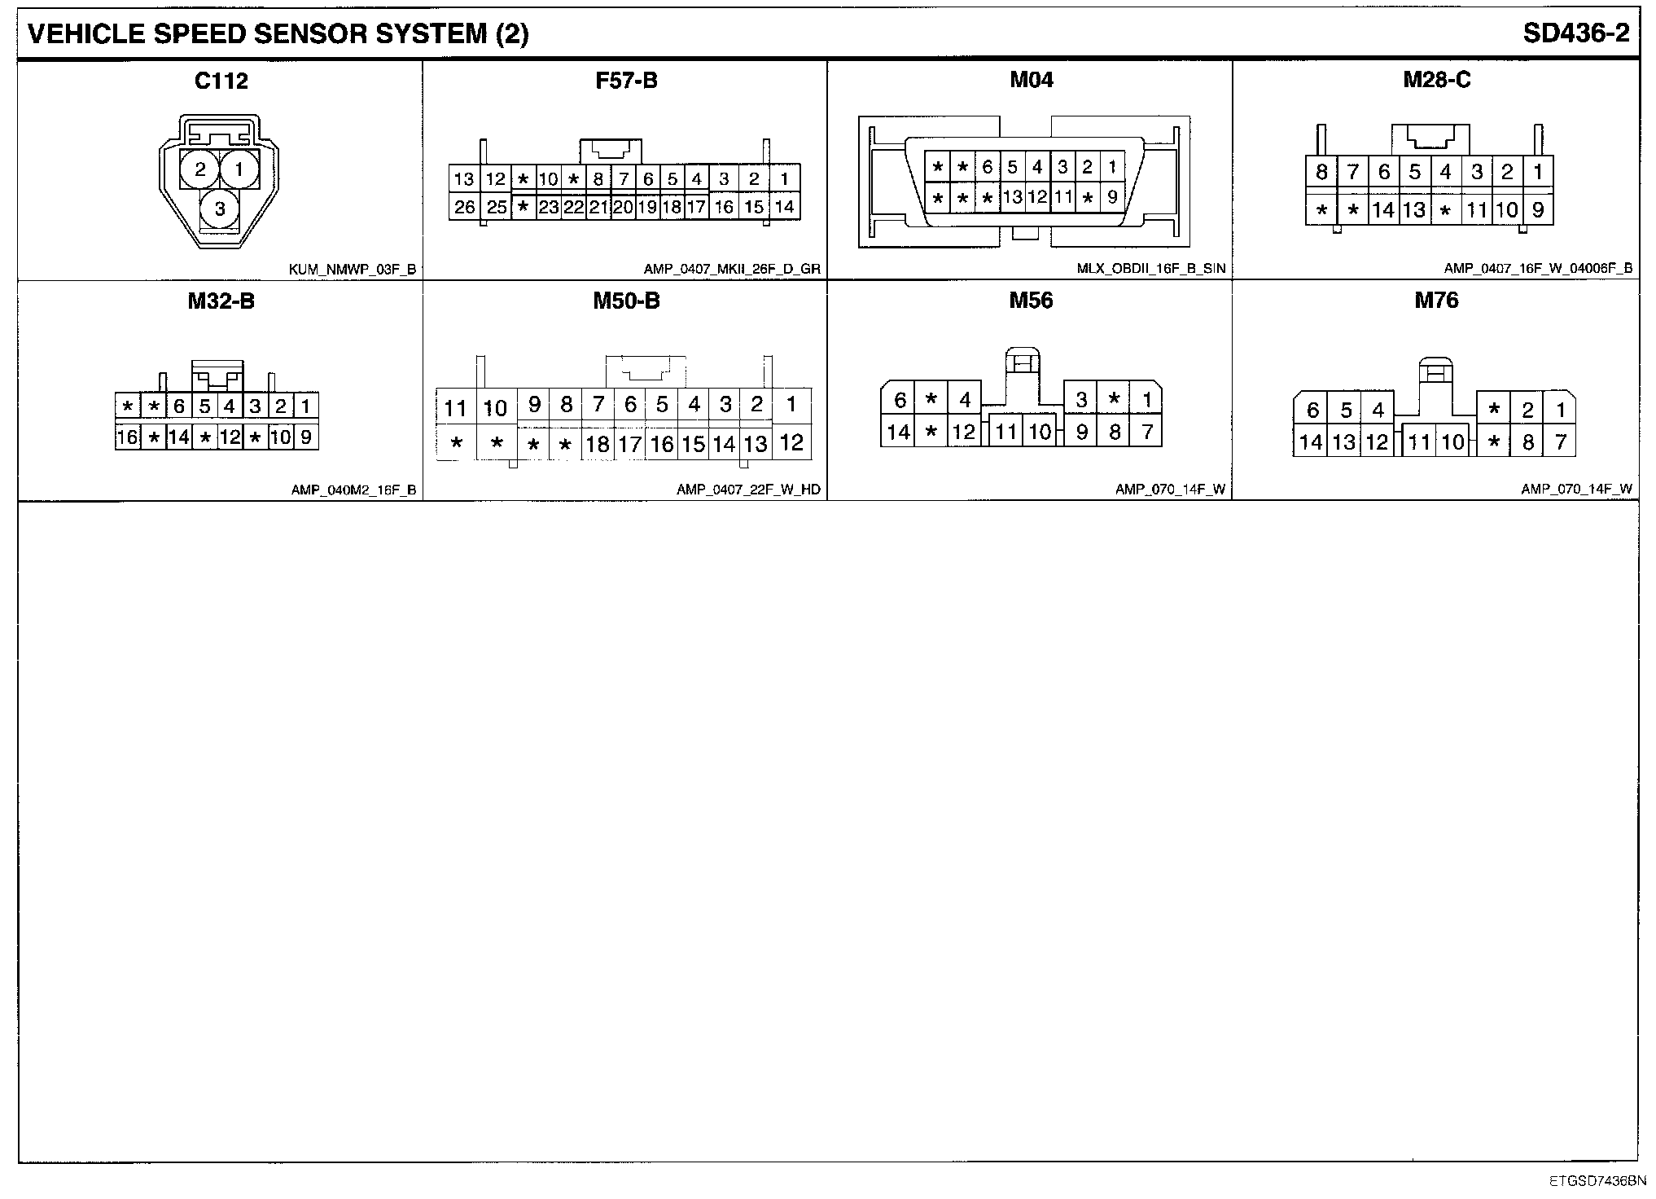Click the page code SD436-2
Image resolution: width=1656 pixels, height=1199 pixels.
1576,33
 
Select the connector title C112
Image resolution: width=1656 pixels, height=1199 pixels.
221,81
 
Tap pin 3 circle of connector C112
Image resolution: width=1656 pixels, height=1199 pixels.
220,209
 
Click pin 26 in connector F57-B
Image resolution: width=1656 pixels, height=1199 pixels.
465,207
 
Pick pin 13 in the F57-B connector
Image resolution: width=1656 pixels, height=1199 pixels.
464,179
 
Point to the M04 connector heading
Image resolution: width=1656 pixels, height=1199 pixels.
1031,80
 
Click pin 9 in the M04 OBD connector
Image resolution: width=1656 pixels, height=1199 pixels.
1112,196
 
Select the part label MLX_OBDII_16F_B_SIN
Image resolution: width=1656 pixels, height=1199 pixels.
1150,269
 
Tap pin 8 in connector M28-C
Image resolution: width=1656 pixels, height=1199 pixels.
1321,172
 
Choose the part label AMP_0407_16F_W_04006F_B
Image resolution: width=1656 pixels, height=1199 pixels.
1538,269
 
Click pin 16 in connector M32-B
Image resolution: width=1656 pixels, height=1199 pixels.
128,437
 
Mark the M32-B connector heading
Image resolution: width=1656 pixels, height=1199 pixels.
221,301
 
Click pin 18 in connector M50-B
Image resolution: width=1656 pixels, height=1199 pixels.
598,444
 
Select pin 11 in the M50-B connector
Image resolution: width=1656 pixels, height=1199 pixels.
455,408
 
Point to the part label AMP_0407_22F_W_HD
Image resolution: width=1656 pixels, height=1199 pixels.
748,490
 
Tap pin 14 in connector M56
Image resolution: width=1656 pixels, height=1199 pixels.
898,432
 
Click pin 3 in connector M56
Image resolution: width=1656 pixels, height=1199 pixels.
1081,400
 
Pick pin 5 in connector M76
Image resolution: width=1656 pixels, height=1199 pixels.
1346,410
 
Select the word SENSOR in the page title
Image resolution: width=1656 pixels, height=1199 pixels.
322,33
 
